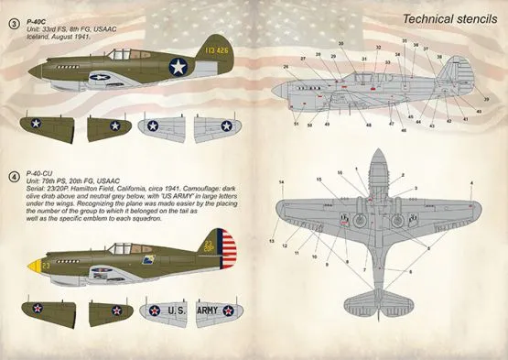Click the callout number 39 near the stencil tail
[x=486, y=98]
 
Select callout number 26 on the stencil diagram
[x=286, y=67]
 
